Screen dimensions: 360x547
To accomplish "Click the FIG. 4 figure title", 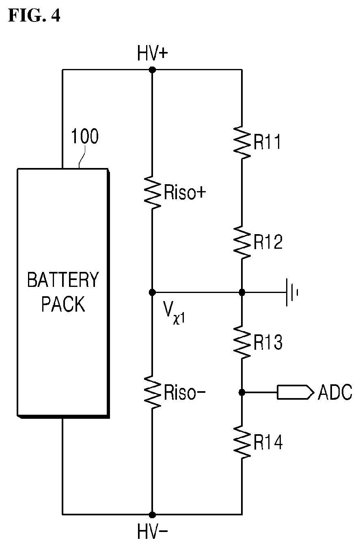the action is point(34,15).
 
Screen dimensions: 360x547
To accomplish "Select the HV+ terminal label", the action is point(153,53).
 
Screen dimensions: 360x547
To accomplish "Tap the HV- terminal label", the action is point(153,531).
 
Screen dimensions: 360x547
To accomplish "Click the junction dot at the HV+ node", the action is point(152,70).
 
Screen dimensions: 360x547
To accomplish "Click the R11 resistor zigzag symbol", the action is point(242,142).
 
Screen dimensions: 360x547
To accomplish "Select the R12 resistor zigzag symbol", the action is point(242,242).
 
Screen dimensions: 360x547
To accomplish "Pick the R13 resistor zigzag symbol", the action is point(242,342).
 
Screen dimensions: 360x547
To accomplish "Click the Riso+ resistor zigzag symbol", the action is point(153,192).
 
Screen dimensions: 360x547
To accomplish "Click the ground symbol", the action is point(292,292).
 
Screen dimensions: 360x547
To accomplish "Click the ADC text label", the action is point(335,392).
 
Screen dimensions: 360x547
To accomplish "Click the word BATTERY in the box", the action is point(63,280).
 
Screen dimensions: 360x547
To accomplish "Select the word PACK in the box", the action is point(63,304).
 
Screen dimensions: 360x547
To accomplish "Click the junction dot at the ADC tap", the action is point(242,392).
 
